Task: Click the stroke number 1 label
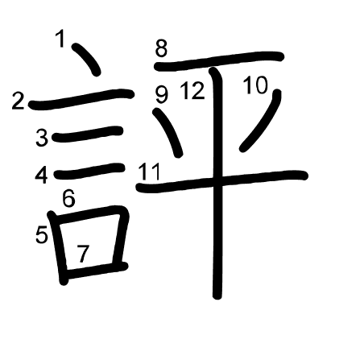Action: (x=60, y=39)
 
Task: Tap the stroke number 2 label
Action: (x=18, y=101)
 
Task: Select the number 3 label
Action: (x=42, y=138)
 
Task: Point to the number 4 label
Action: (x=42, y=176)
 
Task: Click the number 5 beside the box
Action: (x=42, y=234)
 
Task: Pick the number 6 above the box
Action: (x=68, y=199)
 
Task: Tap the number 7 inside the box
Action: (x=83, y=254)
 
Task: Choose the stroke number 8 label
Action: (x=161, y=48)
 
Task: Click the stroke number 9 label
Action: (x=161, y=94)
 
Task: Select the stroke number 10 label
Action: (x=256, y=85)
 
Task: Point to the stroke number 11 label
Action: (x=149, y=172)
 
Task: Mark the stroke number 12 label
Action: (x=192, y=91)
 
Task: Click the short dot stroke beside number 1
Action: (x=87, y=59)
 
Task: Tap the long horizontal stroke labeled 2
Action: (x=81, y=99)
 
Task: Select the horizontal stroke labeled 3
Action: (x=88, y=134)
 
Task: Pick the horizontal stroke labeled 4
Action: (x=89, y=172)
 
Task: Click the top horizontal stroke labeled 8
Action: (x=218, y=61)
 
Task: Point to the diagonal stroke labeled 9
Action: (x=168, y=133)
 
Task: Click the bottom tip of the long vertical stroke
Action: (x=217, y=297)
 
